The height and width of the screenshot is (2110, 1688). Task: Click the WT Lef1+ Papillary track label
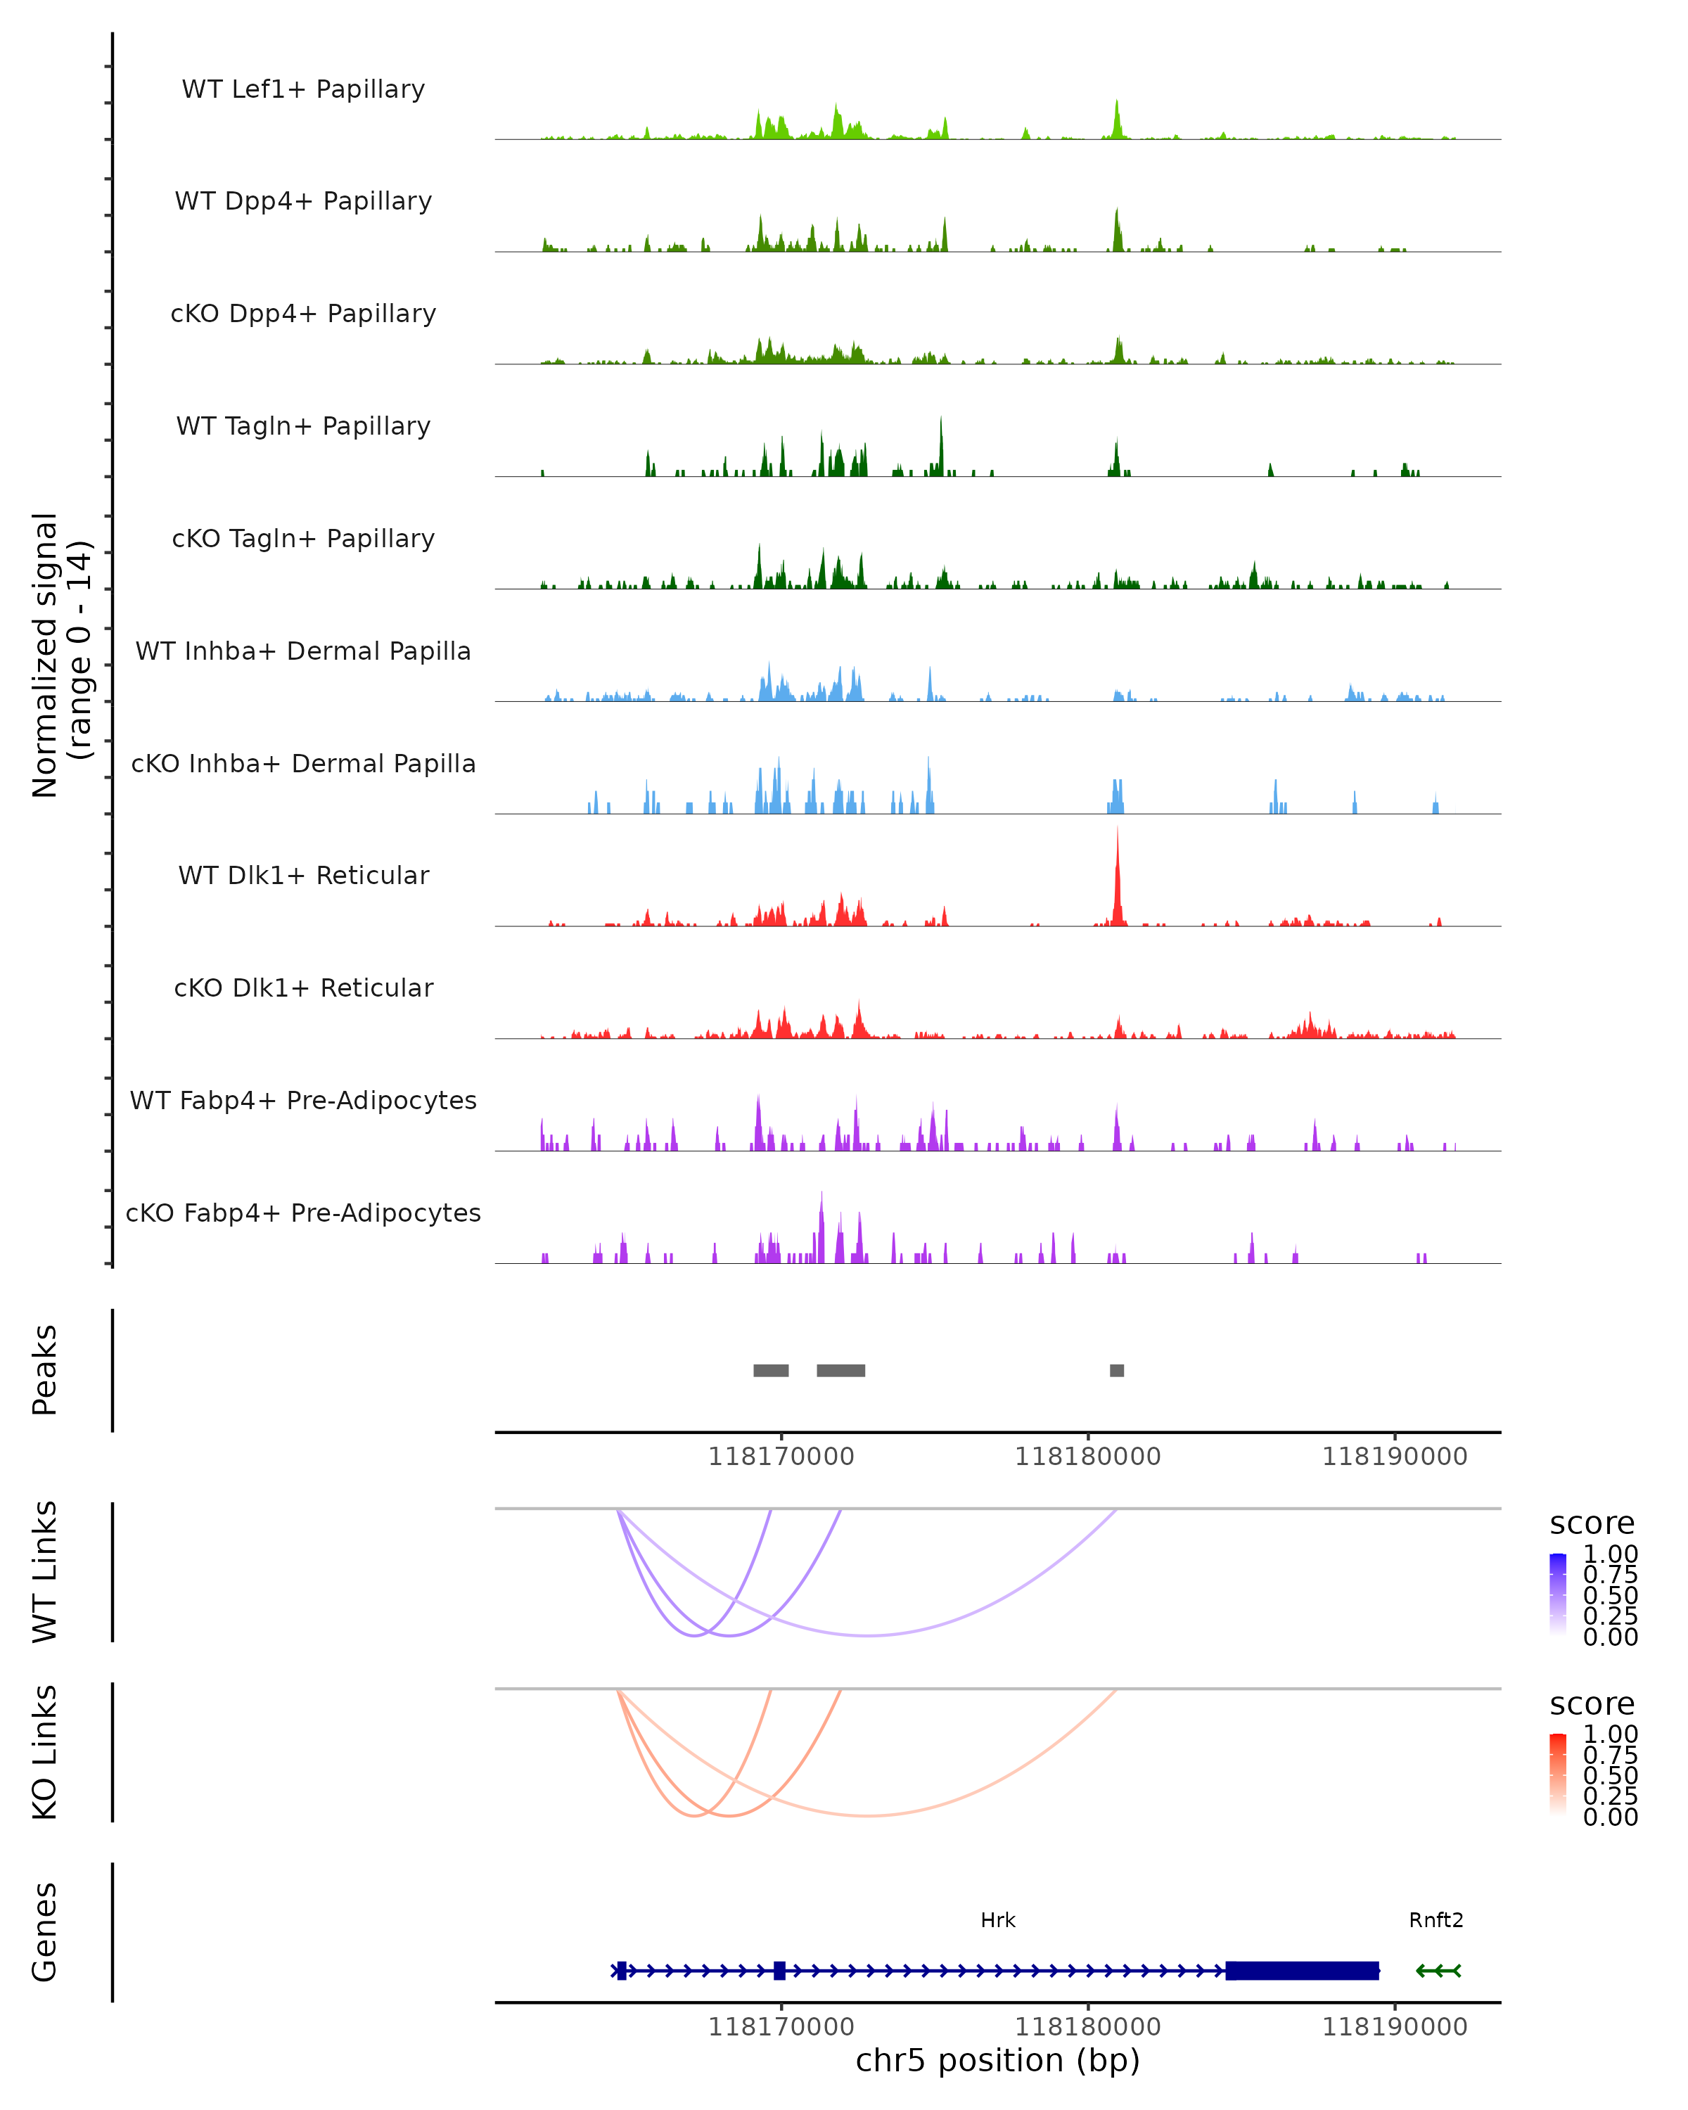pyautogui.click(x=303, y=89)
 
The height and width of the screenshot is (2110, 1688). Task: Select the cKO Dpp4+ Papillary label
pyautogui.click(x=303, y=313)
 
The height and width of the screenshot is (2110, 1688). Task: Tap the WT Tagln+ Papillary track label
pyautogui.click(x=303, y=426)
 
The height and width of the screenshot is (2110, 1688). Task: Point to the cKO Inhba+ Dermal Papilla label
pyautogui.click(x=303, y=763)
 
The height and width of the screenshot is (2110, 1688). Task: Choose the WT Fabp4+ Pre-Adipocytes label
pyautogui.click(x=303, y=1100)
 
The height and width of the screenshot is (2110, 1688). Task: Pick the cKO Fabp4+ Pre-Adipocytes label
pyautogui.click(x=303, y=1213)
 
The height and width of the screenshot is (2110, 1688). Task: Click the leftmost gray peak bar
pyautogui.click(x=771, y=1370)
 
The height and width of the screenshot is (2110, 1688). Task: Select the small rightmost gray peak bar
pyautogui.click(x=1116, y=1370)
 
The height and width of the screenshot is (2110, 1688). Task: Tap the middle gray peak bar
pyautogui.click(x=840, y=1370)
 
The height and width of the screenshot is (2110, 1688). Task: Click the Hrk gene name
pyautogui.click(x=998, y=1920)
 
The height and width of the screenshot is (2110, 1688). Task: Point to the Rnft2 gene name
pyautogui.click(x=1436, y=1920)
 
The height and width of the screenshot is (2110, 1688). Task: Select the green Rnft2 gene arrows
pyautogui.click(x=1438, y=1970)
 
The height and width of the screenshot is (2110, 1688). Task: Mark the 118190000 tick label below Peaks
pyautogui.click(x=1395, y=1457)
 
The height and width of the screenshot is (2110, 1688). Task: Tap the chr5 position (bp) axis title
pyautogui.click(x=998, y=2060)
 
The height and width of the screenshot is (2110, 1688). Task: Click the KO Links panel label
pyautogui.click(x=45, y=1752)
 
